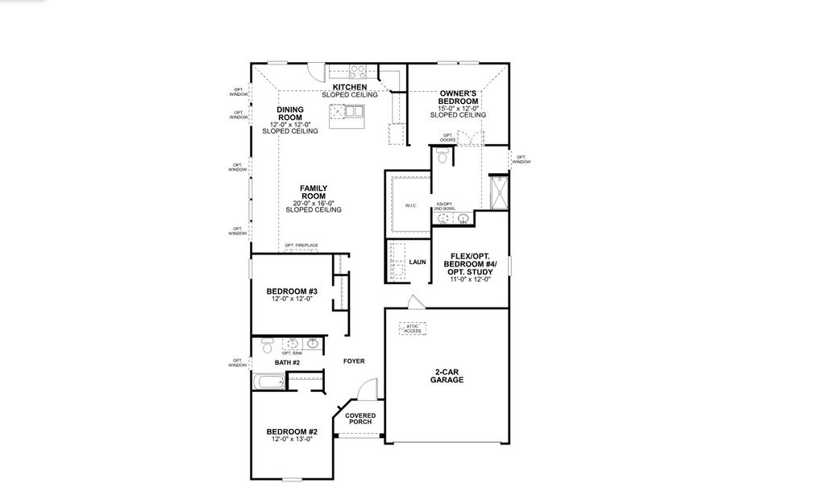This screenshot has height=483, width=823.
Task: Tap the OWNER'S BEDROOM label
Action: (x=459, y=97)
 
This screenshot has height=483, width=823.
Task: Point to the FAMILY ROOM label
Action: (x=313, y=192)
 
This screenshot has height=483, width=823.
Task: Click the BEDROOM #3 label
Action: (x=291, y=291)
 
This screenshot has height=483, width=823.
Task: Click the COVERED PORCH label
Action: (x=360, y=419)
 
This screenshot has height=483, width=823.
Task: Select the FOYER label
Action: (x=354, y=361)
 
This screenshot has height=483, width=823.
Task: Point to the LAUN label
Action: (x=417, y=262)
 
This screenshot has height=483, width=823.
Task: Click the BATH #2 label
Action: (x=286, y=363)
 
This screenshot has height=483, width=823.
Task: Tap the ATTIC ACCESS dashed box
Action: (x=412, y=328)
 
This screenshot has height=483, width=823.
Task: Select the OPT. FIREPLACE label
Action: (x=301, y=246)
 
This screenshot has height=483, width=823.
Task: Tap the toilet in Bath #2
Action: (x=268, y=348)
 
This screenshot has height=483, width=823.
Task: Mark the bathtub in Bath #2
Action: (x=268, y=382)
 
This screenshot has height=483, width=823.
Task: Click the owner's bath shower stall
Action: (x=498, y=192)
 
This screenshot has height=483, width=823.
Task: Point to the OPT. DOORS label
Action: (x=447, y=138)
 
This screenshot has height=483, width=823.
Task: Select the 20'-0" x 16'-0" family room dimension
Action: (x=313, y=203)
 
